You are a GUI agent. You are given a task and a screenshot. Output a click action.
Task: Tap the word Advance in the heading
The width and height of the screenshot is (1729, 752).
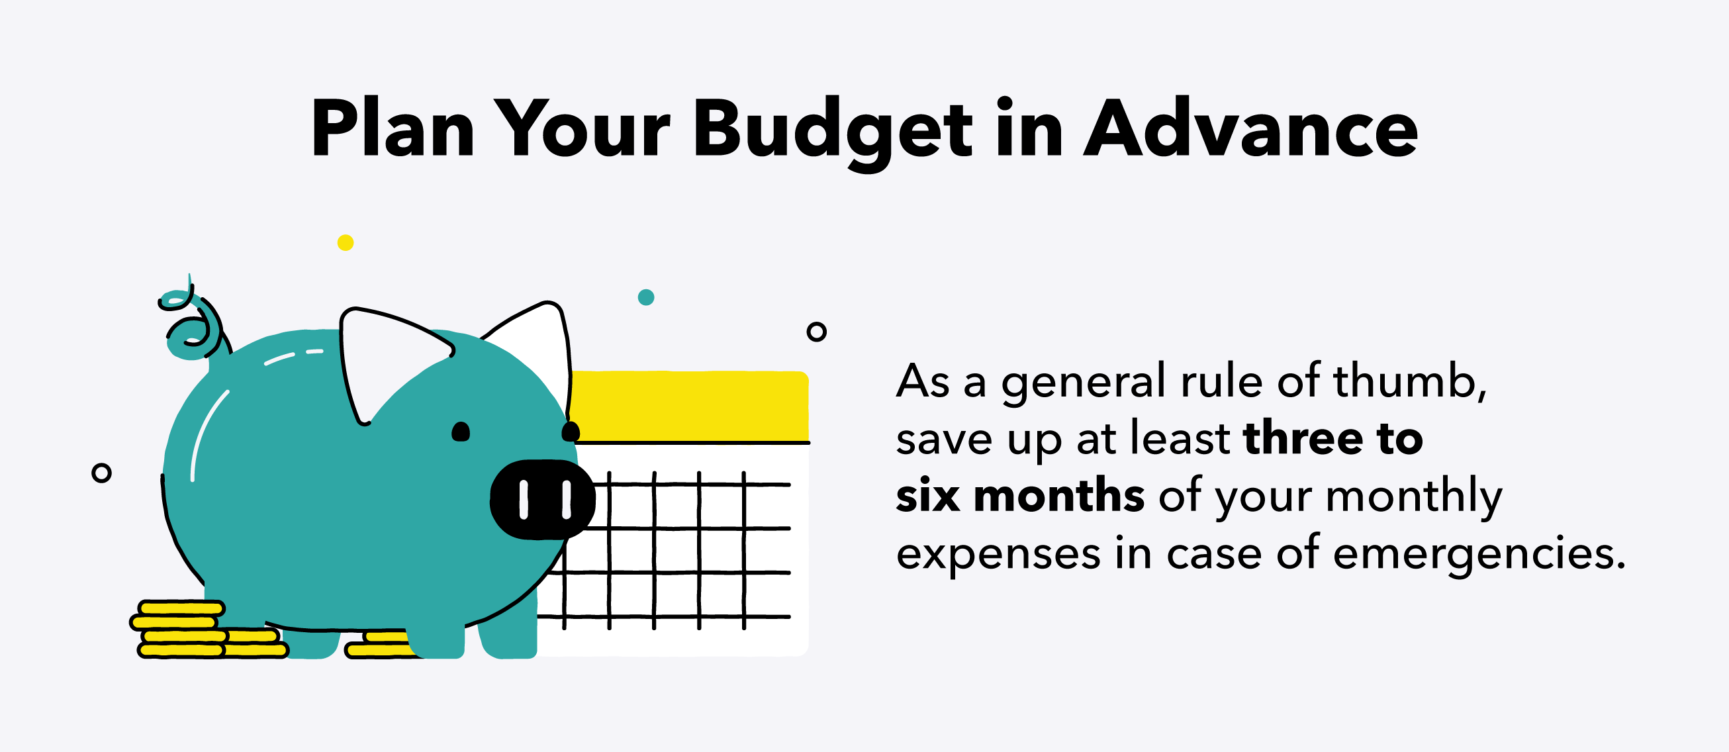1250,129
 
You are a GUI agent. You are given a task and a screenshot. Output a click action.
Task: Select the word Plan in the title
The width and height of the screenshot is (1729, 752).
393,129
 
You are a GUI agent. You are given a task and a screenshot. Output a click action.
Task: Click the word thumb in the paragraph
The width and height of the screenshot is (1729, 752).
1409,381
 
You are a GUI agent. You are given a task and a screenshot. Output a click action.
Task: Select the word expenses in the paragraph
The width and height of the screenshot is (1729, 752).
998,555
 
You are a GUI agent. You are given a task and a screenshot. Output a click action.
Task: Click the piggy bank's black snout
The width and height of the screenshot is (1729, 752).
542,500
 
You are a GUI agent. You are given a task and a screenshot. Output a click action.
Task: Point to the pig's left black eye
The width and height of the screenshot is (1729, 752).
461,432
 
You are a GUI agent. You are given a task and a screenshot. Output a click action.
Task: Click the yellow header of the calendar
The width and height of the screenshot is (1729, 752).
691,406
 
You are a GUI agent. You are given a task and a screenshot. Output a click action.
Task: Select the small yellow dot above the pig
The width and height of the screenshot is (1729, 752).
346,242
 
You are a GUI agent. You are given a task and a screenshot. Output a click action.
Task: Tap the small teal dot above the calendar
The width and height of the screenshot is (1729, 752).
645,297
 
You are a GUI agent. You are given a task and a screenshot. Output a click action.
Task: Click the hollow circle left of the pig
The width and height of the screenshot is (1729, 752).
101,473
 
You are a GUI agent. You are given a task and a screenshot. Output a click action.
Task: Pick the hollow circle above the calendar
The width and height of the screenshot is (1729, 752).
816,331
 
